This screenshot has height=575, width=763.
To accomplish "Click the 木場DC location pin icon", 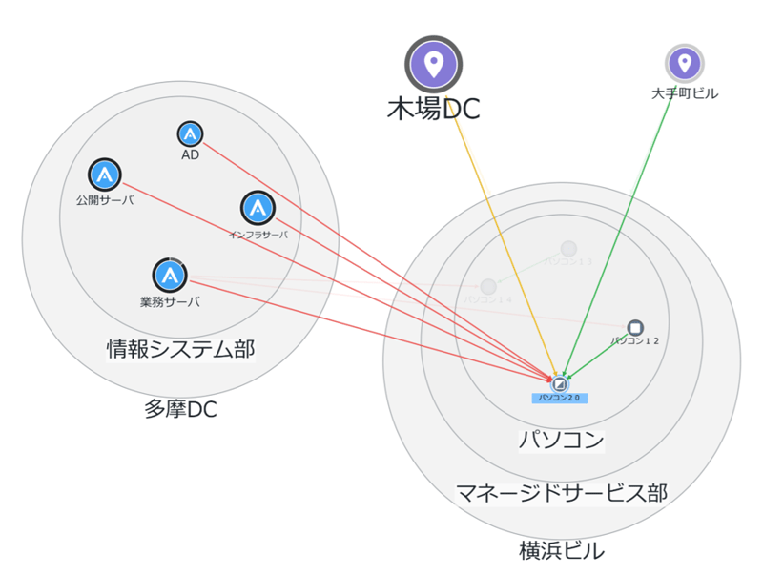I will click(433, 65).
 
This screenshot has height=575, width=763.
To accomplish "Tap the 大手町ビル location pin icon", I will click(684, 64).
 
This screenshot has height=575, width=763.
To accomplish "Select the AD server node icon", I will click(191, 134).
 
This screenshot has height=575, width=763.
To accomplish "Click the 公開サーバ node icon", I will click(105, 175).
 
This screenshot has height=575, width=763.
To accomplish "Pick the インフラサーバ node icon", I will click(258, 207).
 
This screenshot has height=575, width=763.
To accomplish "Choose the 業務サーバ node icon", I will click(170, 276).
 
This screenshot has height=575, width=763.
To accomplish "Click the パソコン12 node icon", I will click(635, 327).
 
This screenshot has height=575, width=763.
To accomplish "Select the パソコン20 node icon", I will click(560, 382).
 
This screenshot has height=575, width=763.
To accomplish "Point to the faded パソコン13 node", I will click(568, 249).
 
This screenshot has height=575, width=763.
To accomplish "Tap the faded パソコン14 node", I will click(488, 286).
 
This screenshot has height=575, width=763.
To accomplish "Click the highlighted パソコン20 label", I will click(560, 397).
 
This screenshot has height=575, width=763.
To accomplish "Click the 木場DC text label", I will click(433, 109).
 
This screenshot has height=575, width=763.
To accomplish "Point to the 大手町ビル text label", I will click(685, 93).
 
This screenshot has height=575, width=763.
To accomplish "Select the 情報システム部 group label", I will click(180, 349).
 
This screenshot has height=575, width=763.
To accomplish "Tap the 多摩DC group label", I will click(180, 410).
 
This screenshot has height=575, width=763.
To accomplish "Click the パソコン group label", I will click(561, 440).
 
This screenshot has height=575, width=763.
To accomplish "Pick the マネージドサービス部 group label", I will click(561, 492).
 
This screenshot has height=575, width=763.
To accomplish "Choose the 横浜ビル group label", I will click(561, 550).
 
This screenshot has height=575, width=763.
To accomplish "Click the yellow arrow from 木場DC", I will click(495, 228).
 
